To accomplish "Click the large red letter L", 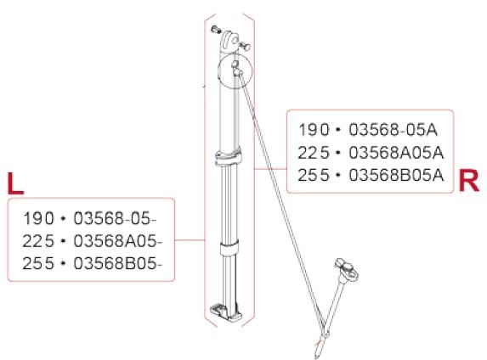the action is (15, 183).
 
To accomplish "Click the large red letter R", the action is (468, 180).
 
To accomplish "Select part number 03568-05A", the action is (393, 130).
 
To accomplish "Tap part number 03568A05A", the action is (396, 153).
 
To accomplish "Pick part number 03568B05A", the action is (396, 176).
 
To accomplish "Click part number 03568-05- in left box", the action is (115, 218).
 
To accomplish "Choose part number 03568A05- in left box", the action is (117, 241).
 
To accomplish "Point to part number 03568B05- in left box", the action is (117, 264).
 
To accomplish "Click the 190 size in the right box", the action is (314, 130).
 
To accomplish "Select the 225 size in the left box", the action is (38, 241).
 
